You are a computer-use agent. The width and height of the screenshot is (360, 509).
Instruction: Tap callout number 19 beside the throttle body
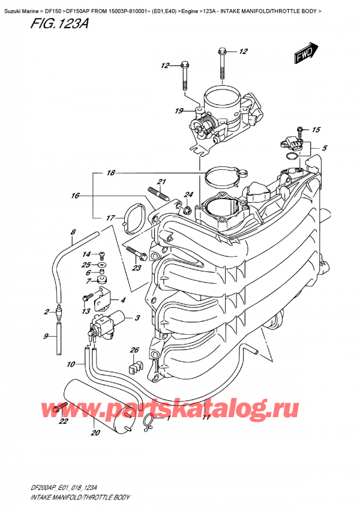click(x=179, y=110)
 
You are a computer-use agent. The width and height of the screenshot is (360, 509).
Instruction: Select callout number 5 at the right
click(x=324, y=148)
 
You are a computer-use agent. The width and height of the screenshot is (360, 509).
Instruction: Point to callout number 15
click(x=317, y=130)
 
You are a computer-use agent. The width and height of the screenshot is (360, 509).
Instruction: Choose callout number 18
click(x=110, y=173)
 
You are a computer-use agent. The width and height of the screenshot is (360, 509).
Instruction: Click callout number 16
click(x=74, y=195)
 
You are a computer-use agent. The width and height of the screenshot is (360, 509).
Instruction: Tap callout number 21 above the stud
click(x=161, y=182)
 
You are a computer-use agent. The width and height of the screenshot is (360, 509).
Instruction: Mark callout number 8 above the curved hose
click(x=73, y=232)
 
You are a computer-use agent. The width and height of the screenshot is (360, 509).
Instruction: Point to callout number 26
click(x=134, y=350)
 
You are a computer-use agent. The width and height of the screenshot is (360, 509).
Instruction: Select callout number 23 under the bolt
click(x=137, y=268)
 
